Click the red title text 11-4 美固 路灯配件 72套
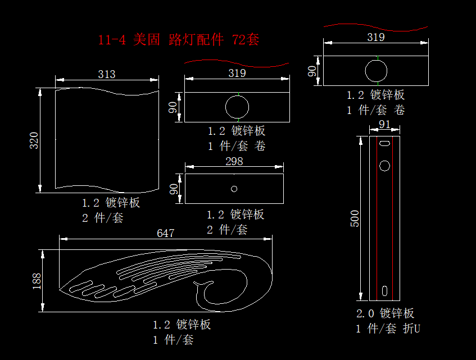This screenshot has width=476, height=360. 178,40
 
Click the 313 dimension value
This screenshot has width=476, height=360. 106,74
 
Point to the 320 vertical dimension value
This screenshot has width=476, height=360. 34,140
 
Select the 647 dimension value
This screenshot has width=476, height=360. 165,233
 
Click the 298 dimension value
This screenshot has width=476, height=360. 234,161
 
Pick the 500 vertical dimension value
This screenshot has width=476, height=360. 355,218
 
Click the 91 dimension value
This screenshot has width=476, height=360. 384,124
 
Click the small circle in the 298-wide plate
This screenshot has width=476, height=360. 234,189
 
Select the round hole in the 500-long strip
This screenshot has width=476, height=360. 384,166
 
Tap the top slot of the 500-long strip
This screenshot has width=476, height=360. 384,144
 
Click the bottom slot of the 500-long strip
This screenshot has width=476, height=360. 384,291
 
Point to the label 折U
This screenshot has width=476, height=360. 411,329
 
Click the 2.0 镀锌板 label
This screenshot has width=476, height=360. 386,313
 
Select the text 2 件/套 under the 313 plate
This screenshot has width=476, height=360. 103,218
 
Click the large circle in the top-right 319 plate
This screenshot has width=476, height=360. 376,71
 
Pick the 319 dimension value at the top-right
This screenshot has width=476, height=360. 375,38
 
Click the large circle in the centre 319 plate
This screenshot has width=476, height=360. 237,106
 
